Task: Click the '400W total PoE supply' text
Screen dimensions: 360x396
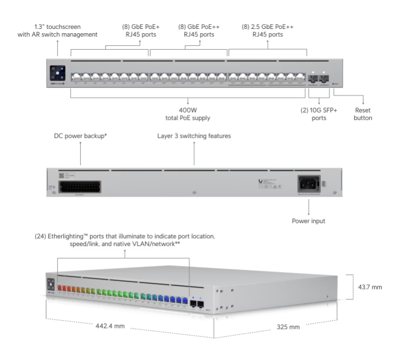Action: tap(188, 113)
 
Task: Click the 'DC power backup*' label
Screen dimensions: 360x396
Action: tap(80, 135)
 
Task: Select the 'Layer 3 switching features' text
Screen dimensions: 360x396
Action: tap(194, 135)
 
